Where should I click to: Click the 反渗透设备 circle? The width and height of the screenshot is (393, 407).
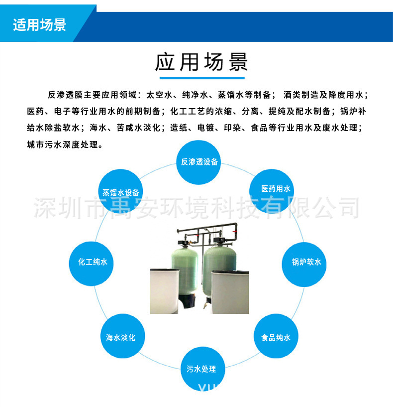point(199,162)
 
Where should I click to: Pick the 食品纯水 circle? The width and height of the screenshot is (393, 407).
point(276,337)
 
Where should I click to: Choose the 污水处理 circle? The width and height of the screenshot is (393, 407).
point(201,369)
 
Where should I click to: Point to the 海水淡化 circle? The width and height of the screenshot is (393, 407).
point(120,337)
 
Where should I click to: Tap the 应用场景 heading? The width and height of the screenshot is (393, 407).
point(201,63)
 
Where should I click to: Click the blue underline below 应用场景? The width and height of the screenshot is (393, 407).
point(201,78)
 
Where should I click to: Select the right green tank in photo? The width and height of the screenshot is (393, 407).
point(218,264)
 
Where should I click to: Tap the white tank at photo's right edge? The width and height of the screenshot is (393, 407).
point(230,291)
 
